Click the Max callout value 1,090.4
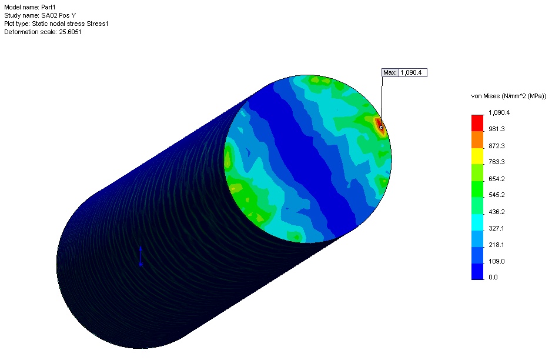[x=411, y=72]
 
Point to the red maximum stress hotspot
[x=380, y=124]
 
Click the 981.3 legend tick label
[x=496, y=129]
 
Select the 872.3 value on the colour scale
[x=496, y=146]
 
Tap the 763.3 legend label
[x=496, y=162]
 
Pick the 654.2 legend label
[x=496, y=179]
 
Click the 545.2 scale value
[x=496, y=195]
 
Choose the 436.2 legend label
[x=496, y=212]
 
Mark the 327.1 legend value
[x=496, y=228]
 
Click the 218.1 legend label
[x=496, y=245]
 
